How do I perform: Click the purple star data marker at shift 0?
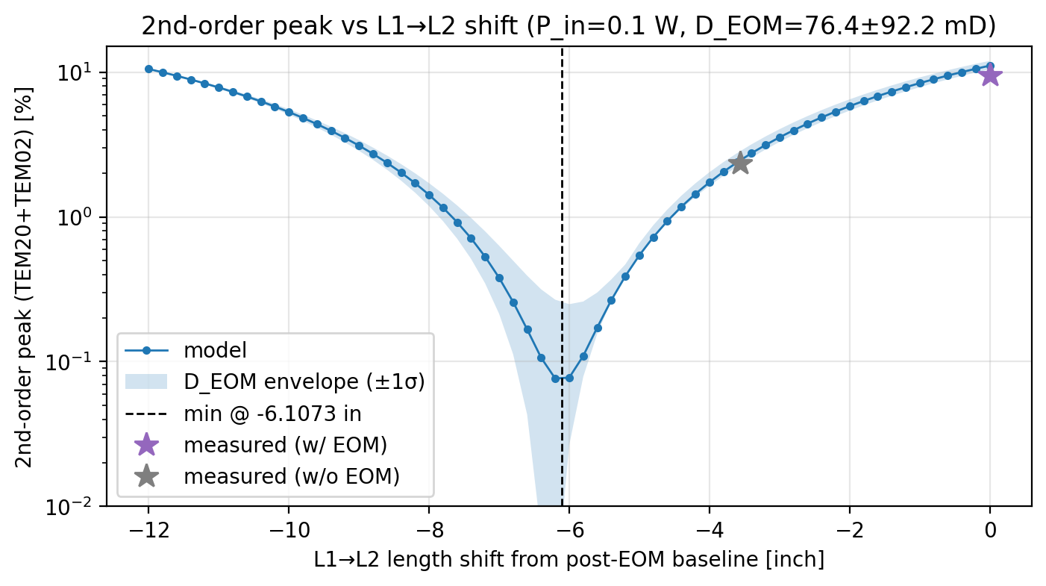click(990, 75)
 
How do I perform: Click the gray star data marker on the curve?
click(739, 163)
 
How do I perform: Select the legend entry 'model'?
click(215, 349)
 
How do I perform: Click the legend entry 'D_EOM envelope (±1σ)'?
click(304, 381)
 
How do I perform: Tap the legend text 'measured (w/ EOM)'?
click(285, 445)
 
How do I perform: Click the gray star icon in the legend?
click(146, 476)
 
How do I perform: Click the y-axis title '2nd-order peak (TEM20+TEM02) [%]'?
click(23, 276)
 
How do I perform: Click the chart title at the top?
click(569, 26)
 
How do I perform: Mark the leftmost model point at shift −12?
click(148, 69)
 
